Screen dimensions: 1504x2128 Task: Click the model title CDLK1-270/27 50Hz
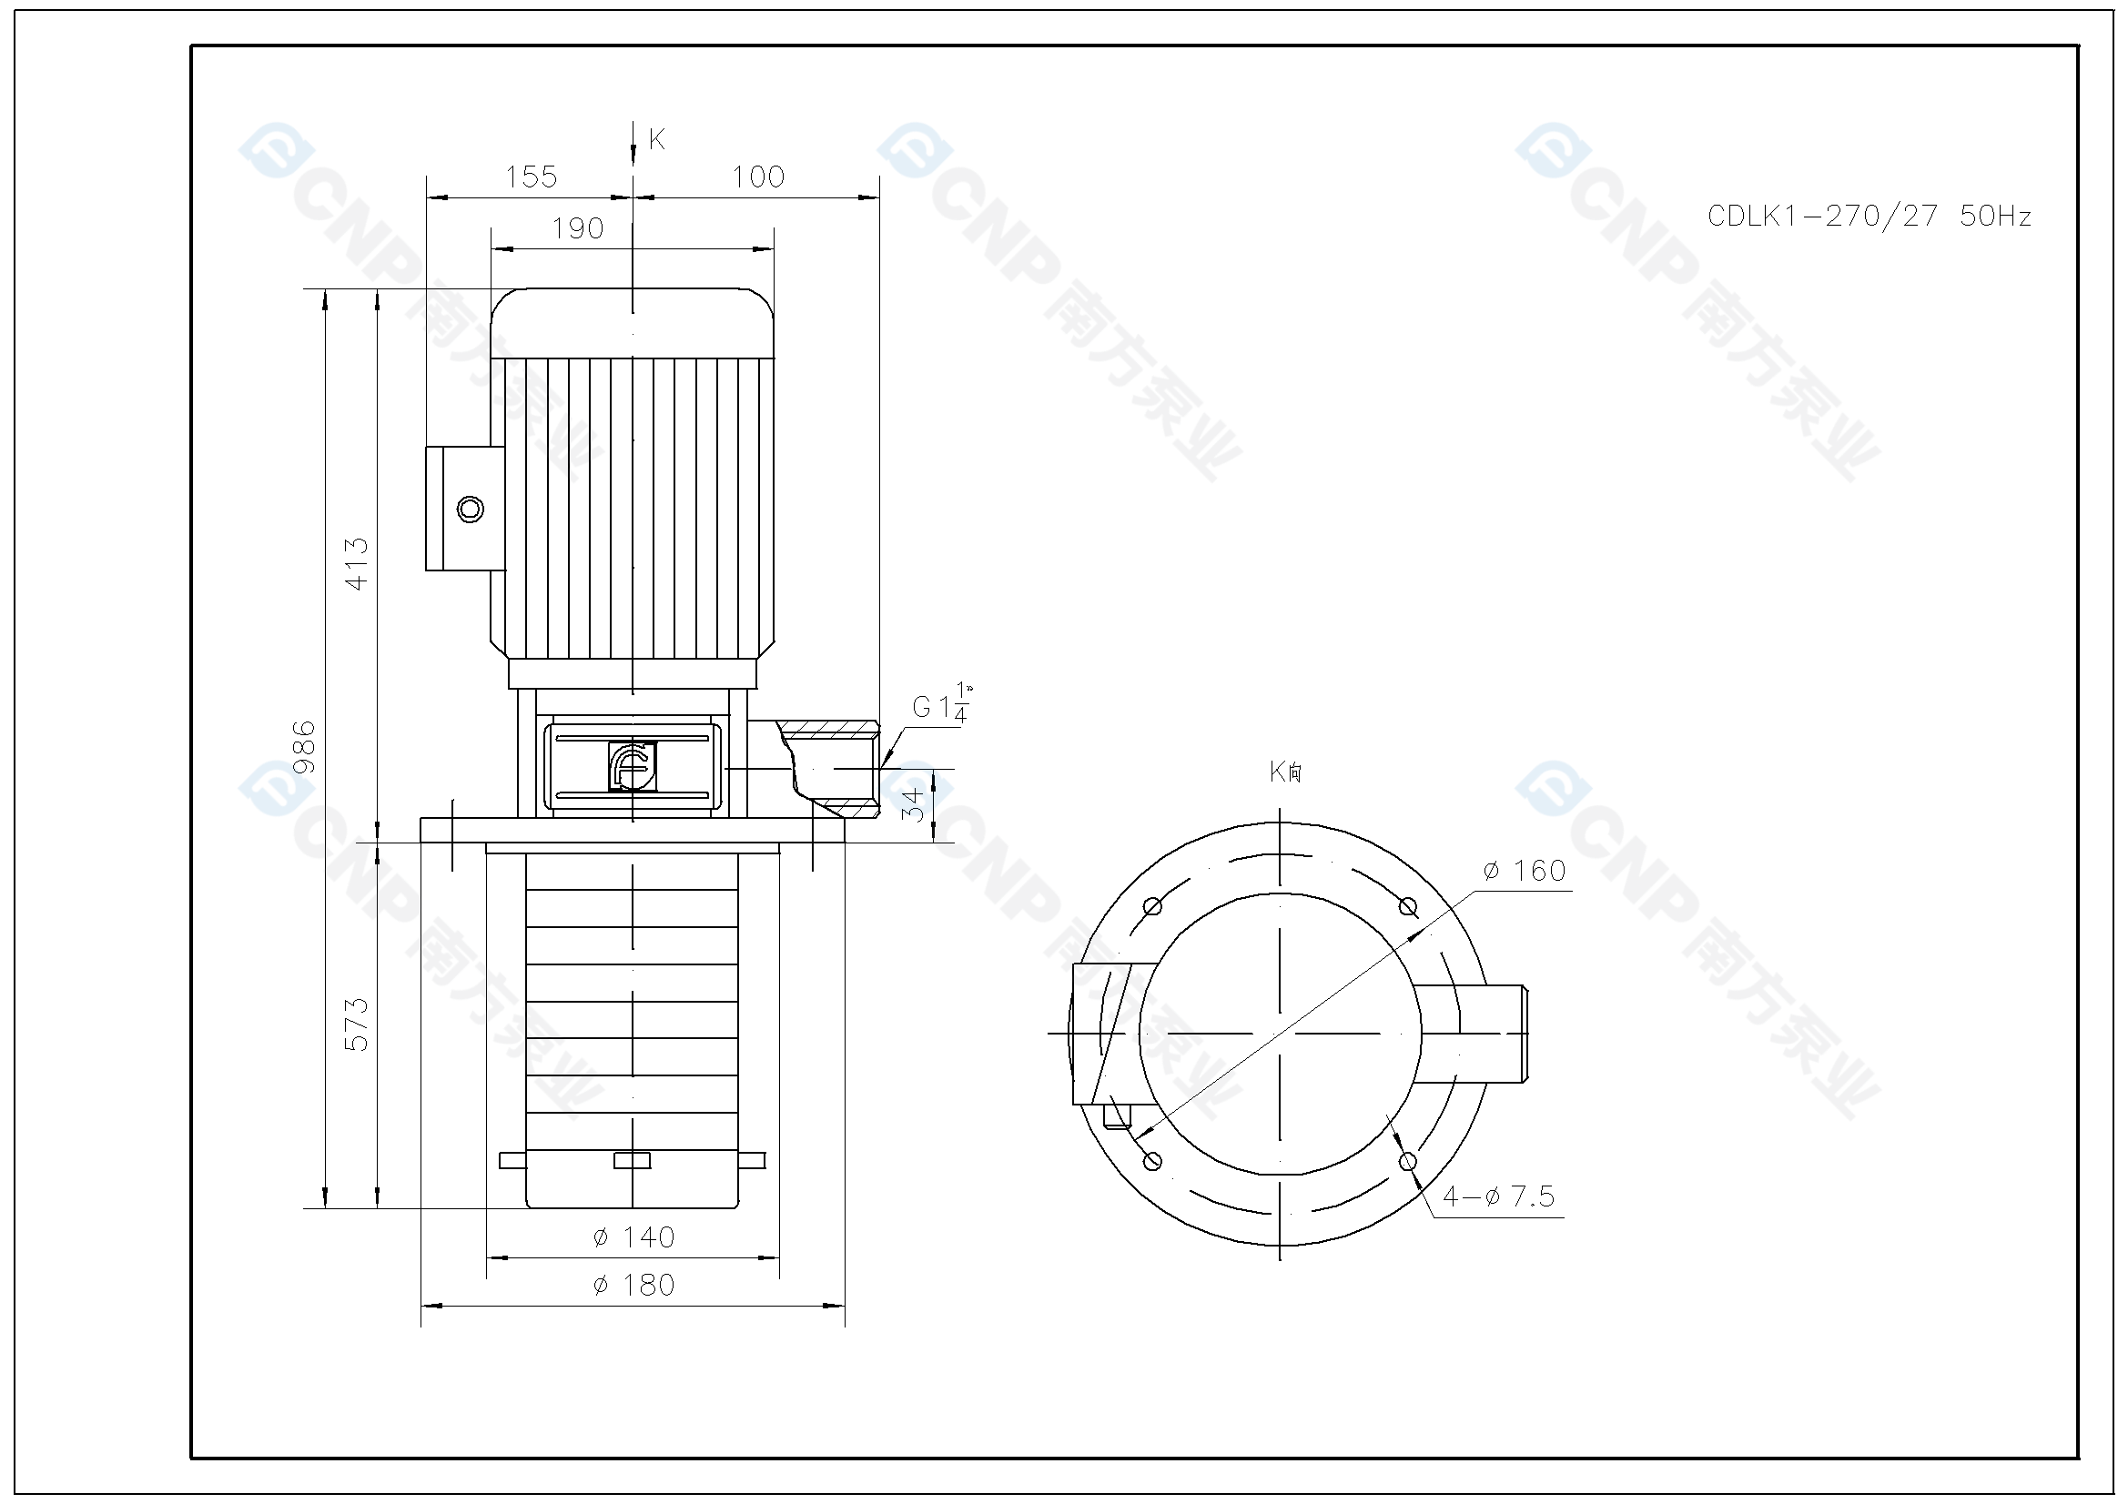coord(1869,217)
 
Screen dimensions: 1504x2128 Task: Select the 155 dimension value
coord(531,177)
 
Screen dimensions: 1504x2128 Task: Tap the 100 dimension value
coord(758,177)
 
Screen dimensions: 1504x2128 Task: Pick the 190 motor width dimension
coord(577,229)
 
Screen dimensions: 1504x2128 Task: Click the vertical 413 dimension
coord(357,563)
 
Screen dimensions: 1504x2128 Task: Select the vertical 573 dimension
coord(357,1024)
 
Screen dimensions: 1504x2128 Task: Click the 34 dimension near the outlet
coord(915,804)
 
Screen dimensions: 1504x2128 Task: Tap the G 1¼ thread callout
coord(942,705)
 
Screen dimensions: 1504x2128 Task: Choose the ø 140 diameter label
coord(634,1237)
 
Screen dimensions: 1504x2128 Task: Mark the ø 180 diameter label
coord(634,1286)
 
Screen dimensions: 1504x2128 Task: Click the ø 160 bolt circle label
coord(1525,871)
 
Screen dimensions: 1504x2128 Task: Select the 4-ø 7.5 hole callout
coord(1499,1196)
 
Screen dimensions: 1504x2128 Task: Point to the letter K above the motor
coord(657,140)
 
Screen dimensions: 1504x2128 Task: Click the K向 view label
coord(1285,772)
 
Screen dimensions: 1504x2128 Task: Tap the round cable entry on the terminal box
coord(471,509)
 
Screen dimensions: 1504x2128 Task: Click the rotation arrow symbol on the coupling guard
coord(632,766)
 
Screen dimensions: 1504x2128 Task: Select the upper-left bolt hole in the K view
coord(1153,906)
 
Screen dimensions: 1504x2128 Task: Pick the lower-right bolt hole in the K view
coord(1408,1161)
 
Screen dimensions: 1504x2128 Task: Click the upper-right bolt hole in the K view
coord(1408,906)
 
